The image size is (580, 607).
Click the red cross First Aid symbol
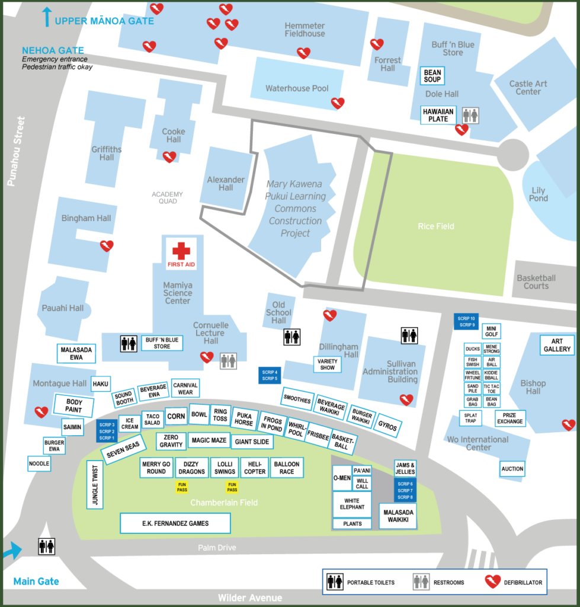click(x=181, y=251)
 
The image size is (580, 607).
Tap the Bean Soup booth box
click(x=432, y=76)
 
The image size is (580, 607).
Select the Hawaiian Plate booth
click(x=438, y=115)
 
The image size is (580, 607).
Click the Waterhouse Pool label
click(x=297, y=88)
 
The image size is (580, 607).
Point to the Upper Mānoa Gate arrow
click(x=46, y=17)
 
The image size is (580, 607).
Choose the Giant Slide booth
click(x=252, y=442)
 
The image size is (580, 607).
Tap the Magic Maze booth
click(x=210, y=440)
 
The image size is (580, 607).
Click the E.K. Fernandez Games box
click(x=175, y=523)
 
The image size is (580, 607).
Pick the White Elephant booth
click(x=352, y=504)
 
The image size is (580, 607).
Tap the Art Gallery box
click(x=557, y=345)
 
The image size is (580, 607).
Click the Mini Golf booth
click(x=491, y=331)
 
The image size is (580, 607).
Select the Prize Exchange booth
click(x=510, y=418)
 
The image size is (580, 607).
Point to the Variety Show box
click(x=328, y=365)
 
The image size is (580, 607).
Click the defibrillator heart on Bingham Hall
click(x=107, y=246)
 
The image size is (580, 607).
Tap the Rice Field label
click(x=436, y=226)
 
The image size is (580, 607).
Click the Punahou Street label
click(x=15, y=151)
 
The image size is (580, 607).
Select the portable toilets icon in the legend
click(x=335, y=583)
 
